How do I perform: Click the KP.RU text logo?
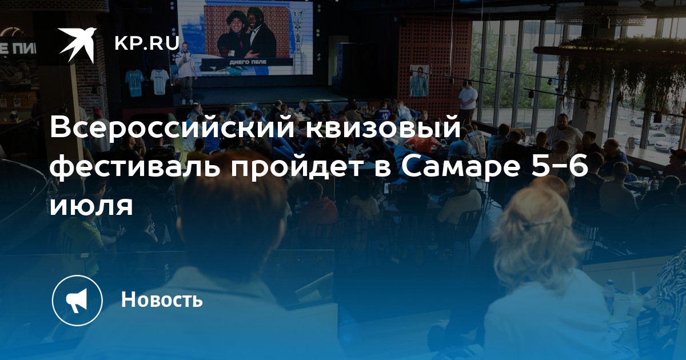tap(147, 43)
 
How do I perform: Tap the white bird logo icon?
tap(77, 45)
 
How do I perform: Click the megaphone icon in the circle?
tap(77, 301)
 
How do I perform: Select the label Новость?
tap(162, 299)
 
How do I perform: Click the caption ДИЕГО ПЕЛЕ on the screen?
tap(248, 62)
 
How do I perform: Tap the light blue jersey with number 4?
tap(134, 83)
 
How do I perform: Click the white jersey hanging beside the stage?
tap(159, 81)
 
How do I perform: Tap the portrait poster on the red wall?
tap(418, 81)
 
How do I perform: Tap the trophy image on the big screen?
tap(298, 34)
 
